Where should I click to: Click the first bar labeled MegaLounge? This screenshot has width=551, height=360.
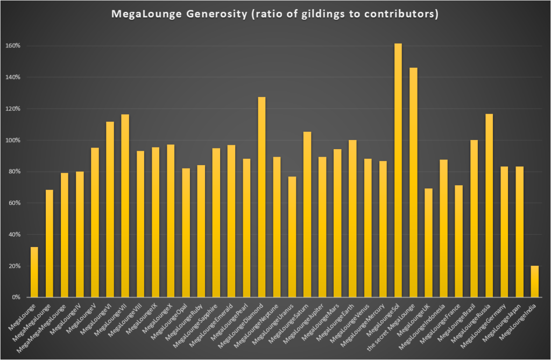34,272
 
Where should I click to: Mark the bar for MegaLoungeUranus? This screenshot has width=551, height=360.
292,237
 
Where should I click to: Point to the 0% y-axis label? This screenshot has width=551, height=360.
16,297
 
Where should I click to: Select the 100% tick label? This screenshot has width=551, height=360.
13,140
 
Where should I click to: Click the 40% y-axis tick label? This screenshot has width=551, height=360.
15,235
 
